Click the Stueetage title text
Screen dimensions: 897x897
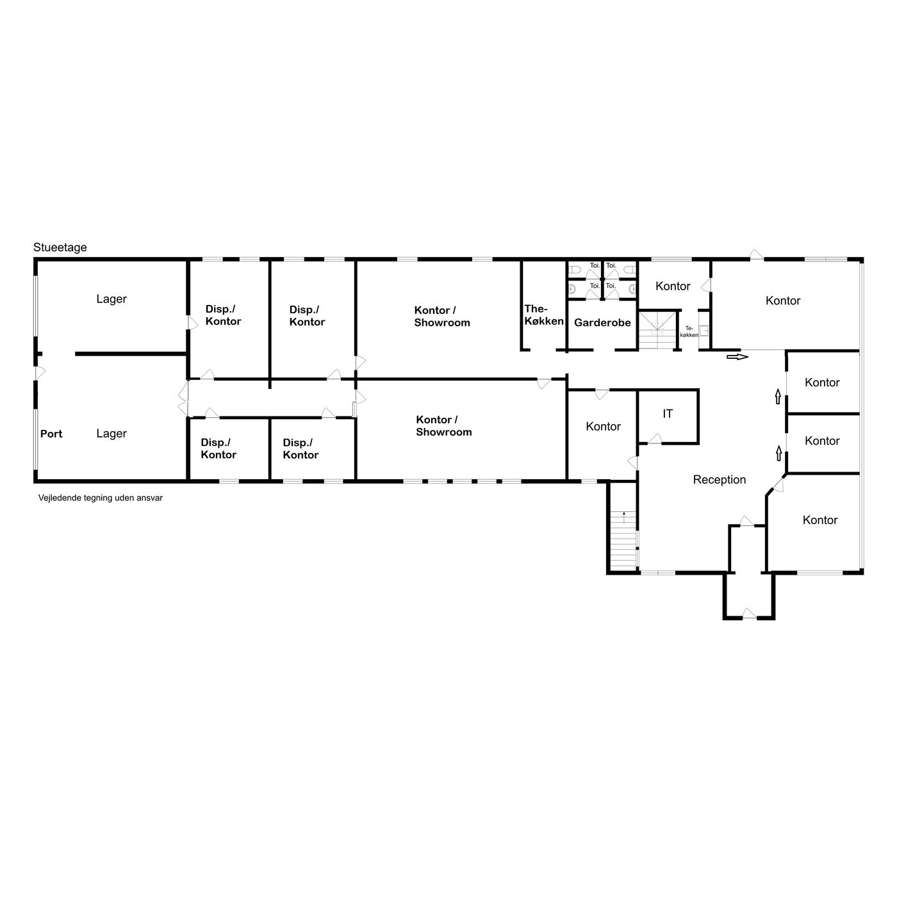60,247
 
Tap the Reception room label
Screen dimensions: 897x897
719,480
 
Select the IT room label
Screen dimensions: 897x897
667,413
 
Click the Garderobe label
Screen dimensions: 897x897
602,322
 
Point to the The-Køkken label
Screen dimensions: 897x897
544,315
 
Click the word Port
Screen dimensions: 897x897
51,434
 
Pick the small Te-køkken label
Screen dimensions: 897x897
689,331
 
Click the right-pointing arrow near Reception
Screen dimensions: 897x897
737,357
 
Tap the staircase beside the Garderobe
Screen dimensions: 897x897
657,331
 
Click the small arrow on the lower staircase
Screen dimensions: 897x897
624,517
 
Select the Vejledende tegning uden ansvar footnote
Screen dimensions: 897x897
100,498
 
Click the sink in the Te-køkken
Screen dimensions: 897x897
704,331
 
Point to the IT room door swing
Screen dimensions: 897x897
655,438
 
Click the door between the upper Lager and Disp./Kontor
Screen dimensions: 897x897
193,323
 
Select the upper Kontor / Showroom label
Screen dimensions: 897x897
441,317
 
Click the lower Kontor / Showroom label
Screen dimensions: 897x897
443,426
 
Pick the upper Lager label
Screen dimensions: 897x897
111,299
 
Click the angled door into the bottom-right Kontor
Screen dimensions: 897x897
778,485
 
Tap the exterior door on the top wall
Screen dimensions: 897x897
757,254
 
